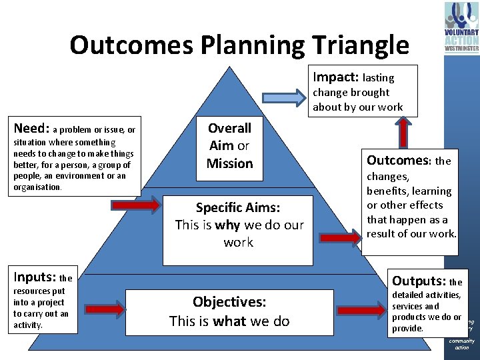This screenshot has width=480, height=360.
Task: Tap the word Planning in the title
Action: tap(242, 45)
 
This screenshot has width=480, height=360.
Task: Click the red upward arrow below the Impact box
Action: tap(404, 132)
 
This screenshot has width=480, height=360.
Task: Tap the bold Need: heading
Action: tap(31, 129)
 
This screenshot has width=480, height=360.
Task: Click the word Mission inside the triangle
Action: tap(229, 163)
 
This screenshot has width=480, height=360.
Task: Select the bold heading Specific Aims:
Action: tap(238, 207)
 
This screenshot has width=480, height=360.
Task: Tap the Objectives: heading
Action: tap(229, 302)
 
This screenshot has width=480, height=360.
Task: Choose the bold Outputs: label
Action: tap(419, 281)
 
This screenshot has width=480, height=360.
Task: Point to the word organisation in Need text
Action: tap(37, 187)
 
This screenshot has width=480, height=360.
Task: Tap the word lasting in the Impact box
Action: tap(379, 78)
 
